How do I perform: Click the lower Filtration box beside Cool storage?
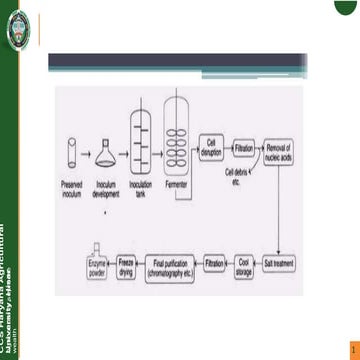point(214,264)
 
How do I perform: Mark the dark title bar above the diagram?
point(174,62)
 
